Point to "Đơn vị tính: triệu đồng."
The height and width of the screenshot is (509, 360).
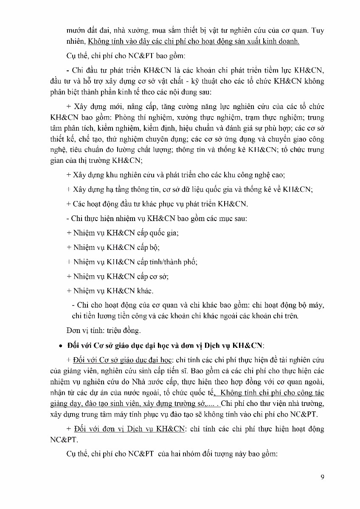point(104,330)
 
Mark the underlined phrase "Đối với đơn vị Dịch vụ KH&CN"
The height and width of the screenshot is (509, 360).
point(129,429)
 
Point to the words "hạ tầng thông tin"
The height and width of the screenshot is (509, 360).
point(112,189)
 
